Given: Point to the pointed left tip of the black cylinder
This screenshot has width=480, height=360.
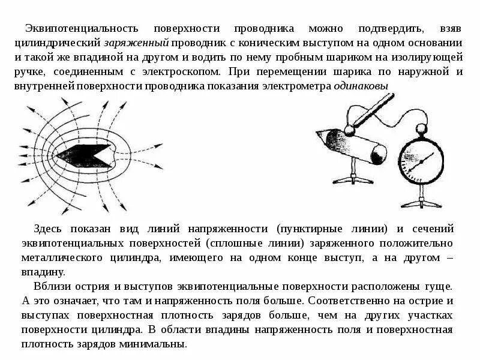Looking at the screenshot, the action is pyautogui.click(x=56, y=155).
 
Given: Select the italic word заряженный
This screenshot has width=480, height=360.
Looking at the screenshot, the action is pyautogui.click(x=137, y=43).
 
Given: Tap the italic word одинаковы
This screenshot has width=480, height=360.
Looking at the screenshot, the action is pyautogui.click(x=361, y=86).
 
